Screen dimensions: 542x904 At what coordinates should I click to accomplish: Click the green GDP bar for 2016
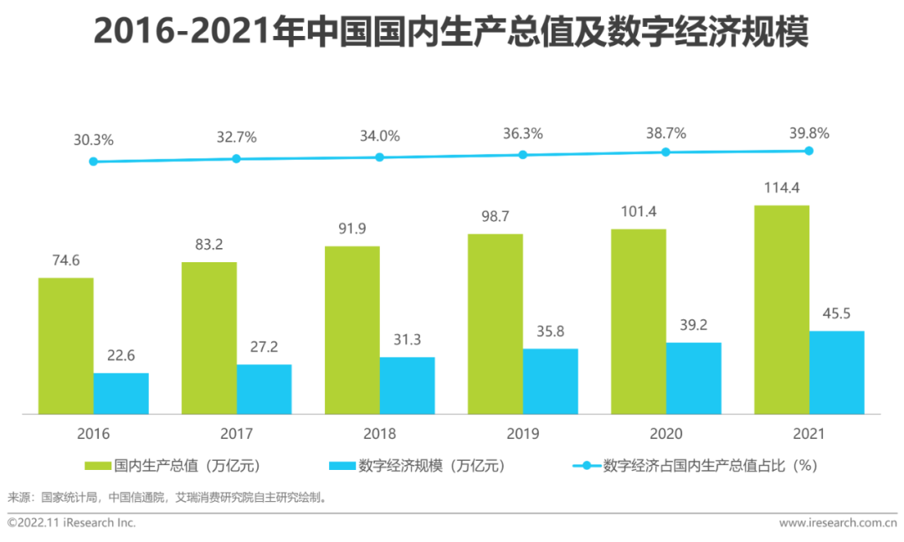pos(65,345)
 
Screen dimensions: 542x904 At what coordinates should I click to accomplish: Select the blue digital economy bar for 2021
pos(836,372)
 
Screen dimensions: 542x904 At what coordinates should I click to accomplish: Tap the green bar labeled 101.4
pos(638,321)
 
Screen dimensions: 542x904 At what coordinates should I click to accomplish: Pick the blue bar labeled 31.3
pos(407,385)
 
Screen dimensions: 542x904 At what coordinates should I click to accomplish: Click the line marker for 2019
pos(522,155)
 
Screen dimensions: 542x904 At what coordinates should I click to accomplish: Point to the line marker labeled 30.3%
pos(93,161)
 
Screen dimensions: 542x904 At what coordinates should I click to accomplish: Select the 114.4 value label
pos(781,188)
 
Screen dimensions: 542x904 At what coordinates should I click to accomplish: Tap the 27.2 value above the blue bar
pos(264,347)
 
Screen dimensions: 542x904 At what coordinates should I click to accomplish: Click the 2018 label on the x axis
pos(379,434)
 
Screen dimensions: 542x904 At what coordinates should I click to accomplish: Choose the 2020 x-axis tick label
pos(665,434)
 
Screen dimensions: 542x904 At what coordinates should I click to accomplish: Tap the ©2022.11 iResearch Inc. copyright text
pos(70,523)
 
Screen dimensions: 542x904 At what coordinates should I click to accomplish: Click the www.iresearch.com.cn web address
pos(837,523)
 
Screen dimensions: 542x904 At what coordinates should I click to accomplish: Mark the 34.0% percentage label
pos(379,136)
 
